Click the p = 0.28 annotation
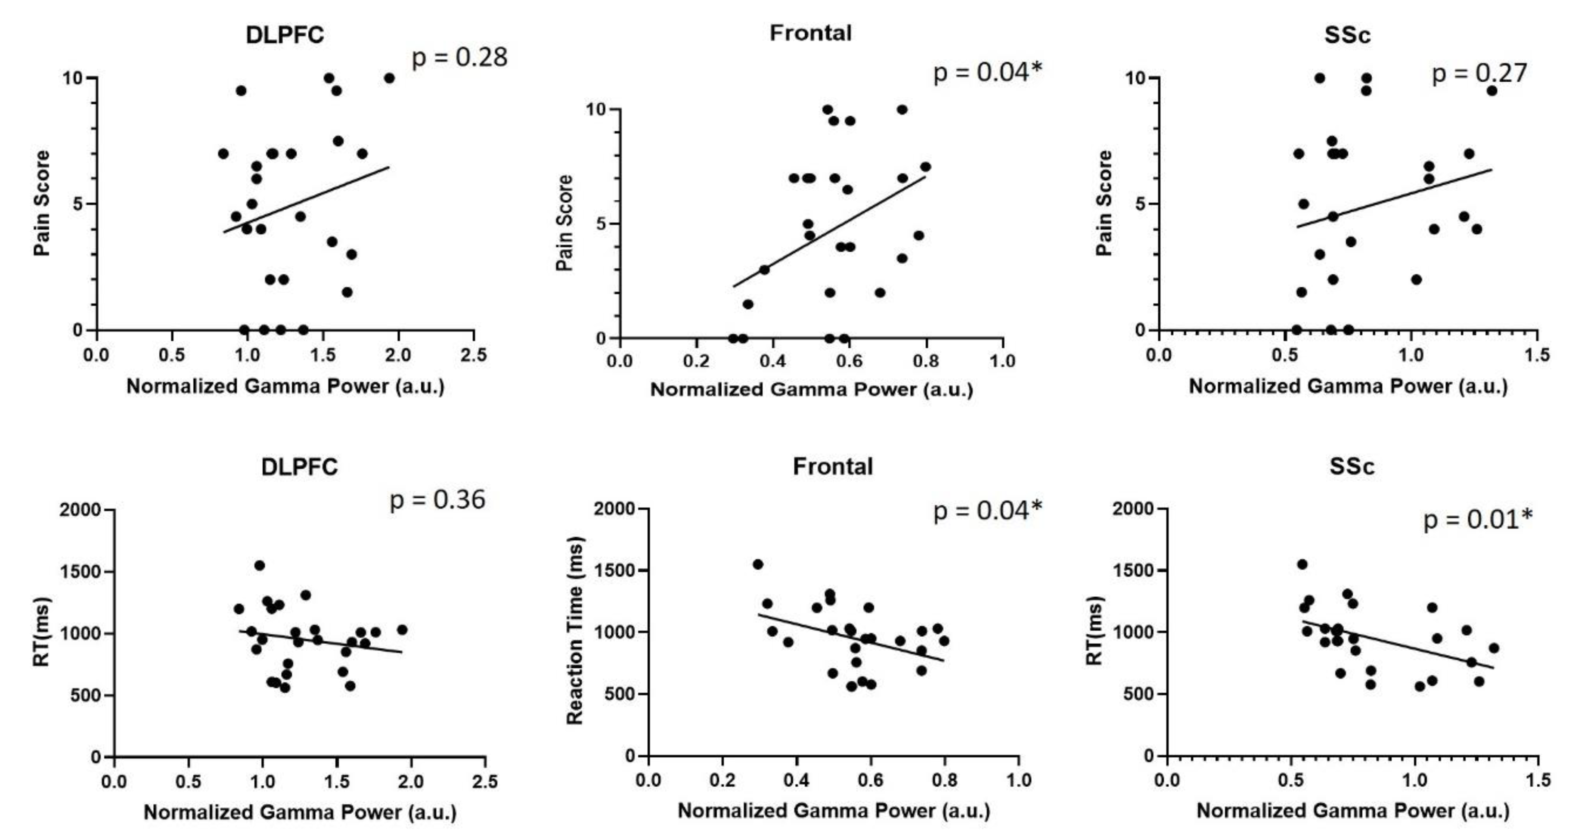459,58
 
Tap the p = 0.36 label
437,500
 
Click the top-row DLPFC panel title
285,35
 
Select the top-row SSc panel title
1347,35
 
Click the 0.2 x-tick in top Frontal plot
695,362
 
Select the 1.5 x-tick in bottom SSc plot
1537,780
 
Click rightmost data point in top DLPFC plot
389,78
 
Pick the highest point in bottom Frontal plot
758,564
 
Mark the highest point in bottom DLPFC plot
260,565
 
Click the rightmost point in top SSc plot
1491,91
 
